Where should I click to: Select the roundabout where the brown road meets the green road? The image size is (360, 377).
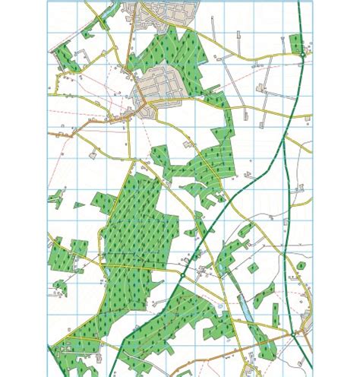[294, 332]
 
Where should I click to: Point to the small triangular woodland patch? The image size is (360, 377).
[78, 204]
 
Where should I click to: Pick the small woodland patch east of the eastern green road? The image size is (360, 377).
[301, 266]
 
